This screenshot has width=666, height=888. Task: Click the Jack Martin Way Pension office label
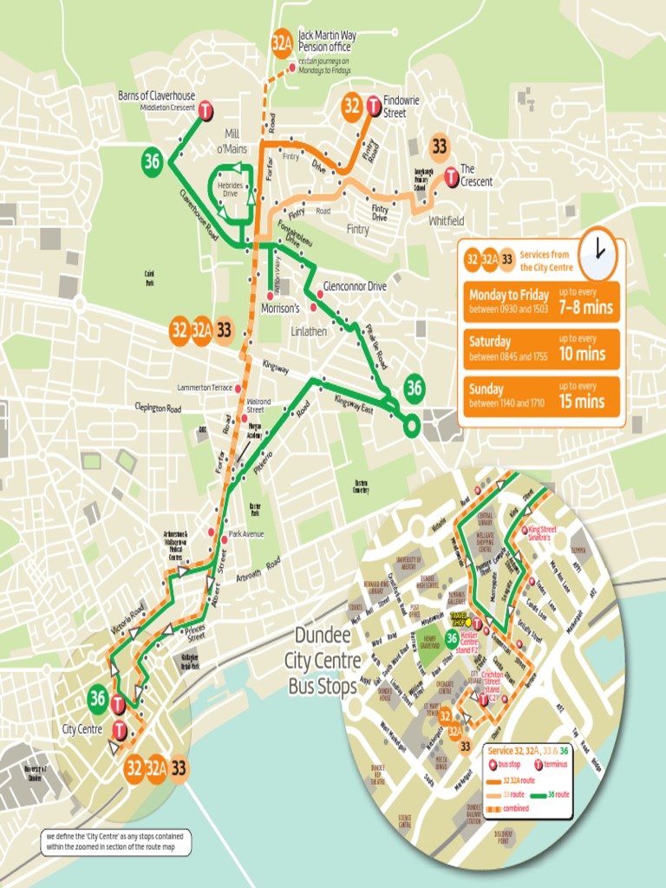pyautogui.click(x=326, y=41)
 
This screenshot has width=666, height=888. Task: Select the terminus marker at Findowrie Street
pyautogui.click(x=373, y=106)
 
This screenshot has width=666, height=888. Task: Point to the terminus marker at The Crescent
pyautogui.click(x=451, y=176)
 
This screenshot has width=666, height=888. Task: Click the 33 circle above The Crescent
pyautogui.click(x=440, y=146)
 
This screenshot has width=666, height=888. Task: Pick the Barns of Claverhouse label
pyautogui.click(x=156, y=95)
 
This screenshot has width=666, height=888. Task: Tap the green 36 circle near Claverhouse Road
pyautogui.click(x=153, y=160)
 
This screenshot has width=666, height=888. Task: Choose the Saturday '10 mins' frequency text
pyautogui.click(x=582, y=353)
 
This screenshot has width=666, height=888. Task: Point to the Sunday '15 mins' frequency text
pyautogui.click(x=582, y=401)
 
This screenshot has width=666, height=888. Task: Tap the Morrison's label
pyautogui.click(x=280, y=309)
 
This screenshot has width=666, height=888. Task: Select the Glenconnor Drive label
pyautogui.click(x=355, y=286)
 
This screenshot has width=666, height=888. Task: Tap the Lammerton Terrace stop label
pyautogui.click(x=205, y=388)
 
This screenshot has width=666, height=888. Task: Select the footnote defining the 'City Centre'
pyautogui.click(x=115, y=842)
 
